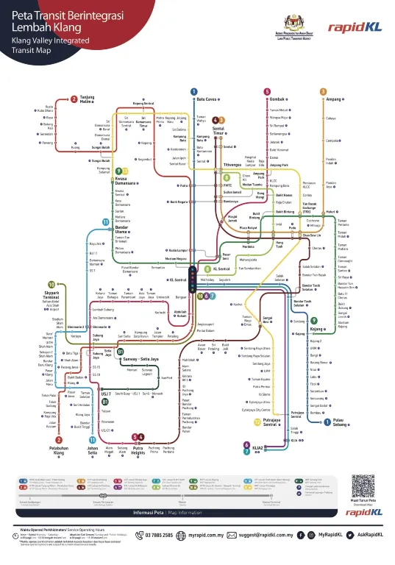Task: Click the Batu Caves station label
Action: [207, 99]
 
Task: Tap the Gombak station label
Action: [277, 99]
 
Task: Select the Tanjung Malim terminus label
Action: [88, 99]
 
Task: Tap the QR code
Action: [366, 487]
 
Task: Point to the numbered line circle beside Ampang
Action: [323, 91]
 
